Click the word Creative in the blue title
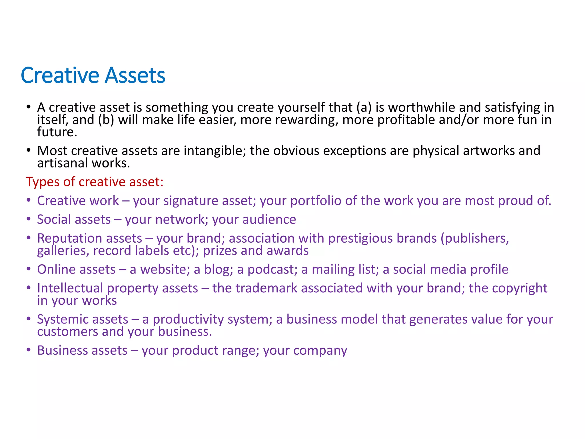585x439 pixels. click(x=60, y=75)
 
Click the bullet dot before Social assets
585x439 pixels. click(x=28, y=219)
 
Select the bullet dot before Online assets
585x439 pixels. click(x=28, y=269)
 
